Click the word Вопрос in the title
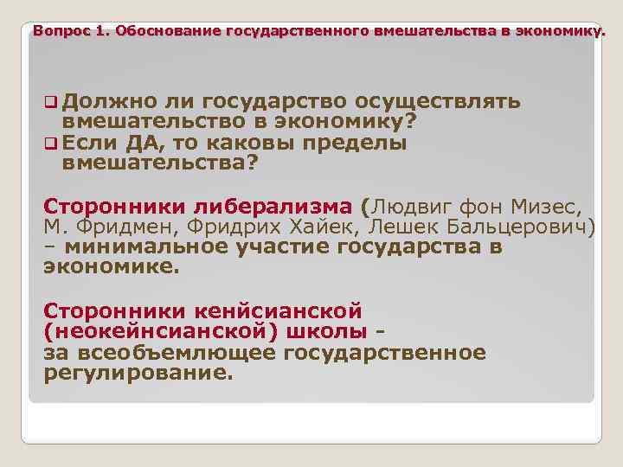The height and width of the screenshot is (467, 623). [x=54, y=32]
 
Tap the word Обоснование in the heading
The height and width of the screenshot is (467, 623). [x=169, y=32]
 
